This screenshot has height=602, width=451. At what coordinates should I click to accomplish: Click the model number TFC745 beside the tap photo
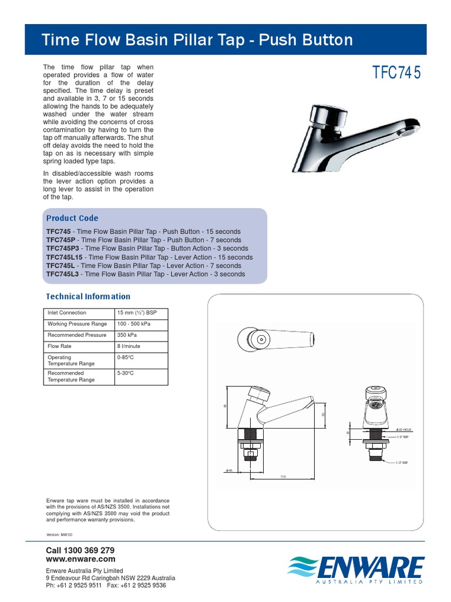click(x=397, y=73)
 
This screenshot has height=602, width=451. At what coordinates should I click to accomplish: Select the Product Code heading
click(x=72, y=218)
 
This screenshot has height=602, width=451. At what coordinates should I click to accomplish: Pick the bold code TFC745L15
click(x=65, y=257)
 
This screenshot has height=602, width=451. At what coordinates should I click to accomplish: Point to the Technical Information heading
click(x=88, y=296)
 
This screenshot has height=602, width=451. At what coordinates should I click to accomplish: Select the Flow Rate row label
click(x=59, y=346)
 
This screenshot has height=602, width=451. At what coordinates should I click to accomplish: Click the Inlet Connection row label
click(x=67, y=313)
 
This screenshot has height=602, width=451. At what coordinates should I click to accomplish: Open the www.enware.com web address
click(x=80, y=559)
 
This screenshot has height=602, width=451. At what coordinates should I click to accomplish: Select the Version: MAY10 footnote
click(x=59, y=535)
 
